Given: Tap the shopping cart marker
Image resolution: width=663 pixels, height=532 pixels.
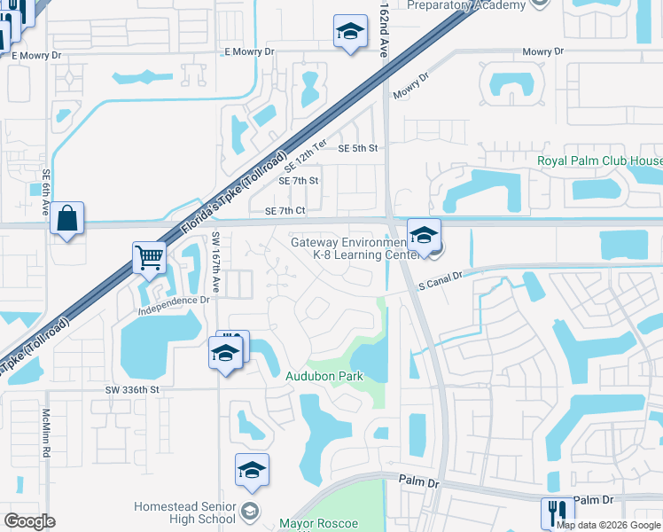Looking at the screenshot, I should click(150, 258).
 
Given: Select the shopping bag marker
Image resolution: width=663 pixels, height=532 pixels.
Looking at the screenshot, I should click(67, 218).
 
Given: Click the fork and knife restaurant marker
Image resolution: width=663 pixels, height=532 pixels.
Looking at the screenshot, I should click(558, 512).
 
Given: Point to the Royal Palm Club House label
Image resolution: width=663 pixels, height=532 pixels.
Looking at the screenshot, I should click(599, 161).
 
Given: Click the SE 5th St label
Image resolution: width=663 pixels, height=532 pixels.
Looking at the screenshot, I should click(358, 148).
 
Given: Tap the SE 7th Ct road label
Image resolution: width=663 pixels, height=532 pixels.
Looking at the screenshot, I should click(285, 211).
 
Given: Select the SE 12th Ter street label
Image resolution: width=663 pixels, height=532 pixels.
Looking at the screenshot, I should click(306, 155).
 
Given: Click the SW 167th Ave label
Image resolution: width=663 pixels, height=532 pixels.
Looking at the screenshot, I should click(216, 263).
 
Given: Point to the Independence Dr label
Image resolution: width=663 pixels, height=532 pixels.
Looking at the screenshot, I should click(173, 307).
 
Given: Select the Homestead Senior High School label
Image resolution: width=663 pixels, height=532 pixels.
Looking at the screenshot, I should click(184, 512).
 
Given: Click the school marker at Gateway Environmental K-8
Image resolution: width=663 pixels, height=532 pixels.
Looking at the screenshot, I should click(425, 237).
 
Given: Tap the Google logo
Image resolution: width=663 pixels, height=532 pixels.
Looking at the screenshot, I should click(29, 521).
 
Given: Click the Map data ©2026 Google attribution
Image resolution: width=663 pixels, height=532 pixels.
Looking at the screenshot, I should click(608, 525).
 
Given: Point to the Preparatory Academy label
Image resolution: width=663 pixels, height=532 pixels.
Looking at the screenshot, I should click(465, 5).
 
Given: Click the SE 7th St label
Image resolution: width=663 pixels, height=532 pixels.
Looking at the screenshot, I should click(299, 181).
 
